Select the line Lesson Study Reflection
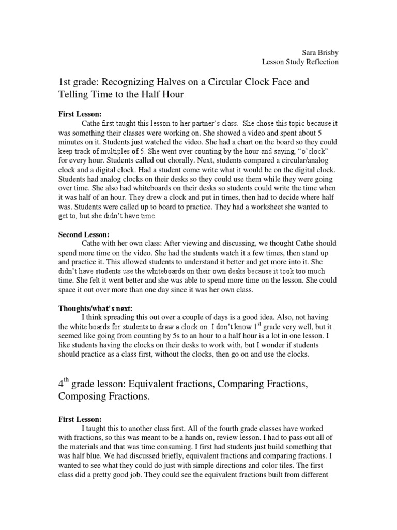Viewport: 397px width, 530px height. pos(300,62)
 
